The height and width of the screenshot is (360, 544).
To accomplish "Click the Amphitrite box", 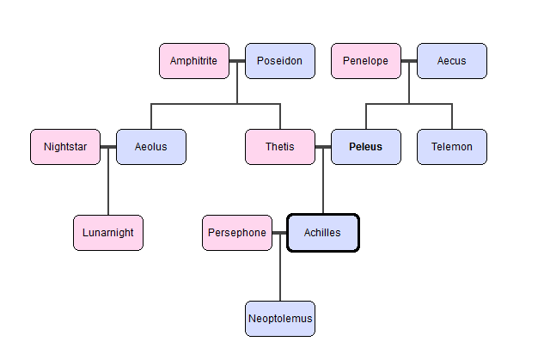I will pos(194,61).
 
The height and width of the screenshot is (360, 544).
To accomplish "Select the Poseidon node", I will pos(280,61).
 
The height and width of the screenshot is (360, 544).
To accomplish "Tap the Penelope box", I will pos(366,61).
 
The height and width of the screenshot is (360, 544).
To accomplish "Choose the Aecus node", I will pos(452,61).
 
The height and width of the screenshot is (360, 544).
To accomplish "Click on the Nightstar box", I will pos(65,147).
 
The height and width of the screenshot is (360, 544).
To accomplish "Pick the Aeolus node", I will pos(151,147).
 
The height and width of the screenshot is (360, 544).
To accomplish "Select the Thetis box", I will pos(280,147).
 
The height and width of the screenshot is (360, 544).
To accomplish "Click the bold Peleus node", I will pos(366,147).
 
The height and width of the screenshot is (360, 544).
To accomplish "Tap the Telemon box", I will pos(452,147).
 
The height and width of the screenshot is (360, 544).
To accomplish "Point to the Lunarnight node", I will pos(108,233).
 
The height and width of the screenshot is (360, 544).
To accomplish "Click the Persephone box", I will pos(237,233).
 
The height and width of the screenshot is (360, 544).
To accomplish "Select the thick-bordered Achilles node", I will pos(323,233).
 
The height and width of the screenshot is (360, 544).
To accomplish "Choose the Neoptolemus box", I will pos(280,319).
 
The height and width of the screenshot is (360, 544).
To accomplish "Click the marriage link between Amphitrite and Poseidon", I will pos(237,61).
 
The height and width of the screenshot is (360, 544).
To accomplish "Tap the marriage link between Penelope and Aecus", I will pos(409,61).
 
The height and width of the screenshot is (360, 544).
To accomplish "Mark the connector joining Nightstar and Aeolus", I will pos(108,147).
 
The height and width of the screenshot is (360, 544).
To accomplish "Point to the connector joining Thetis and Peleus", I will pos(323,147).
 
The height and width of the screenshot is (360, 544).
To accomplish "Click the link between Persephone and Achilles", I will pos(279,233).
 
